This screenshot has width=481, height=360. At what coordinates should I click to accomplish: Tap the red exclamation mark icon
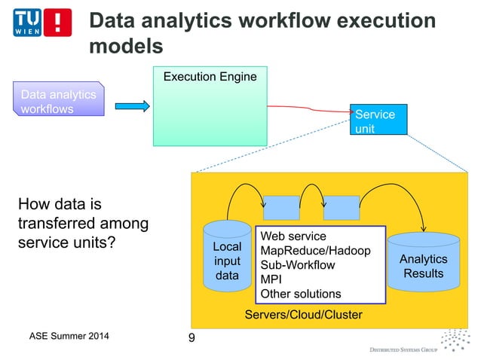(x=58, y=24)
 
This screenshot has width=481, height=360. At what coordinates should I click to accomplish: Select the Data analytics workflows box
(x=58, y=102)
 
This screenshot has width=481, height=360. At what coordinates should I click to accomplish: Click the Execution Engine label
(x=210, y=77)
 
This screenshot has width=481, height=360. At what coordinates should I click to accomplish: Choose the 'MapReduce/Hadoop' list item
(x=314, y=251)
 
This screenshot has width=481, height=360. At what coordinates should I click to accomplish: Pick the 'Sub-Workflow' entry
(x=297, y=265)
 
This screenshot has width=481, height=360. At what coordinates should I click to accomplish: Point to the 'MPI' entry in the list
(x=270, y=279)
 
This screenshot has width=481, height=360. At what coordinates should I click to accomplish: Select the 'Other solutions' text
(x=300, y=294)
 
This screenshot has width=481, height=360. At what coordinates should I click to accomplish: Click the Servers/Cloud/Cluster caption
(x=303, y=315)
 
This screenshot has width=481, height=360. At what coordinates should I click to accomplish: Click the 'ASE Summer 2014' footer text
(x=63, y=336)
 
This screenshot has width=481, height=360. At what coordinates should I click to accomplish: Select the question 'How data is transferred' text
(x=83, y=224)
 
